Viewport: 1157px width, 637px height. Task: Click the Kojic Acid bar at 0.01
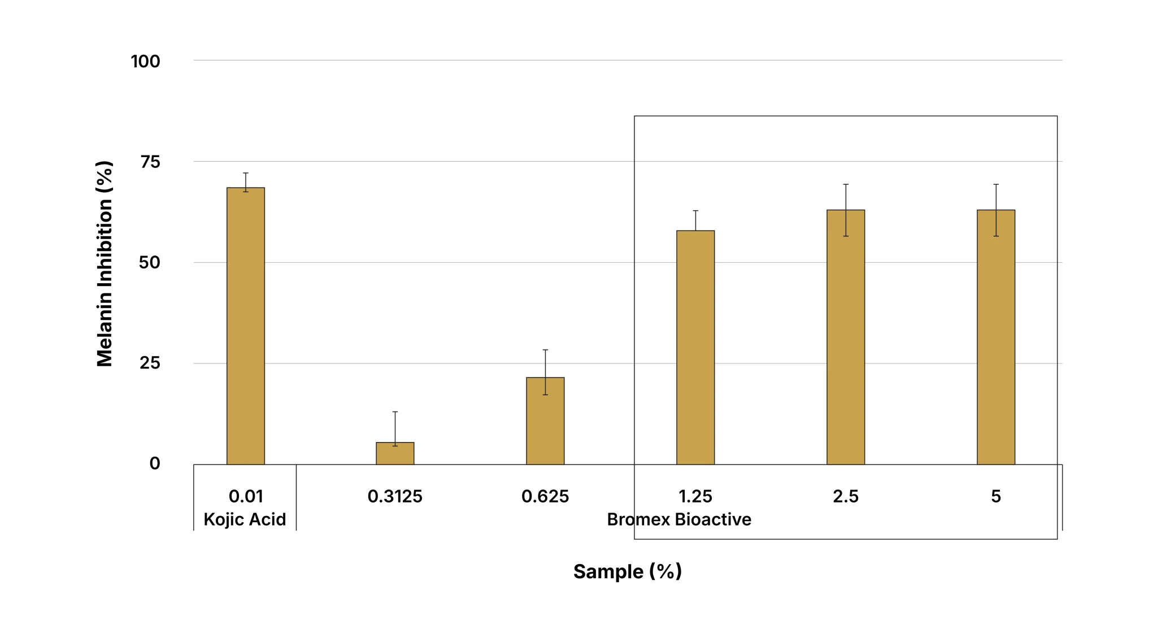click(x=246, y=326)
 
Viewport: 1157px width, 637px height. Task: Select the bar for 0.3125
click(x=395, y=453)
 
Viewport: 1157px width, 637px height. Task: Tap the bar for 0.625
click(x=545, y=421)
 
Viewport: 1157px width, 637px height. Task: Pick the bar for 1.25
click(x=695, y=348)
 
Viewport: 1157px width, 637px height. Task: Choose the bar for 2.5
click(x=846, y=337)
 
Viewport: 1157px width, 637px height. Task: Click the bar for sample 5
click(x=996, y=337)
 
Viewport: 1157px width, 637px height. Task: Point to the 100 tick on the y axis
click(x=146, y=61)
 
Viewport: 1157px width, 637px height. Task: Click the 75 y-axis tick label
click(x=150, y=162)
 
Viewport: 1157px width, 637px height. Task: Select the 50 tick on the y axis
click(x=150, y=263)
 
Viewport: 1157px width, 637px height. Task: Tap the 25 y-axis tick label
click(x=150, y=363)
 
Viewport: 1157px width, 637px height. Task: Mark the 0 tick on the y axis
click(x=155, y=463)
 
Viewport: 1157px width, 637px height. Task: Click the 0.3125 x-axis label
click(x=395, y=496)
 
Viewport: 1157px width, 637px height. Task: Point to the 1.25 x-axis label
click(x=695, y=496)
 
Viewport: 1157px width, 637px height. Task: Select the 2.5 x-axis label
click(x=846, y=496)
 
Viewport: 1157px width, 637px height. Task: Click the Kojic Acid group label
click(x=245, y=519)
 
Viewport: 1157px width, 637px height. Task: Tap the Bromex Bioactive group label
click(x=679, y=519)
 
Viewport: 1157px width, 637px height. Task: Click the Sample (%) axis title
click(x=628, y=571)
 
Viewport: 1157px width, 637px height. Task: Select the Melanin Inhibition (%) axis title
click(x=105, y=264)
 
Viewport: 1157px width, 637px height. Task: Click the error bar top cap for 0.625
click(x=545, y=350)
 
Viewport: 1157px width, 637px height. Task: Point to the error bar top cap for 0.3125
click(x=395, y=411)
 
